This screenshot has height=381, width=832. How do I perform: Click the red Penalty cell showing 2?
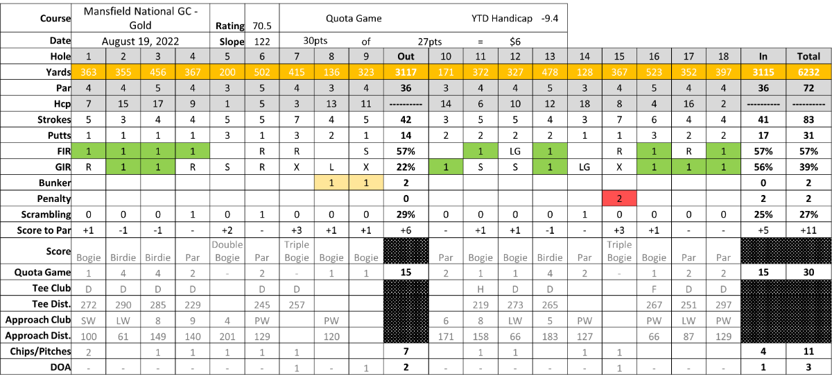tap(619, 198)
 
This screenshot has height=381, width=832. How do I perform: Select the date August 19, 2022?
tap(140, 41)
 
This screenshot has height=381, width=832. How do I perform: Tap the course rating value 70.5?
tap(262, 26)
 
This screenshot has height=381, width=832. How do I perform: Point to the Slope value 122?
tap(262, 42)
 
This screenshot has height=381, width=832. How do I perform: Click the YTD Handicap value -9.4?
tap(550, 18)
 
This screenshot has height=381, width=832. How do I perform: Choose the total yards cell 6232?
tap(808, 72)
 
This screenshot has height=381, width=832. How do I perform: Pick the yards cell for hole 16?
tap(654, 72)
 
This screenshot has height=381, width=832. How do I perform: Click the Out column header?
tap(406, 56)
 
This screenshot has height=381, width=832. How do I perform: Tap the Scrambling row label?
tap(46, 214)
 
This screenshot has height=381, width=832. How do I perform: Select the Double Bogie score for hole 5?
tap(227, 251)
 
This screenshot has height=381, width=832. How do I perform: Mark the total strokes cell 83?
tap(808, 119)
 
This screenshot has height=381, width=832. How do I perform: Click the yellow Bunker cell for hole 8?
tap(331, 183)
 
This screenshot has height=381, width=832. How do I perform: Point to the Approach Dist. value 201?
tap(227, 337)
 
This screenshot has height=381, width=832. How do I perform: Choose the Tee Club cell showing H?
tap(480, 289)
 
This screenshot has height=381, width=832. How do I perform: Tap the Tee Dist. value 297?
tap(723, 305)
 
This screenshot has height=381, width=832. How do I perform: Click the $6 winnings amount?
tap(514, 42)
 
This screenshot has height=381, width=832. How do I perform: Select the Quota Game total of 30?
tap(808, 273)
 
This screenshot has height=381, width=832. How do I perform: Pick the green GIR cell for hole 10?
tap(446, 167)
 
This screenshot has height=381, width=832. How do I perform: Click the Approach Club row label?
tap(38, 320)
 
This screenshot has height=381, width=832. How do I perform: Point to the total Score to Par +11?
tap(808, 230)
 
